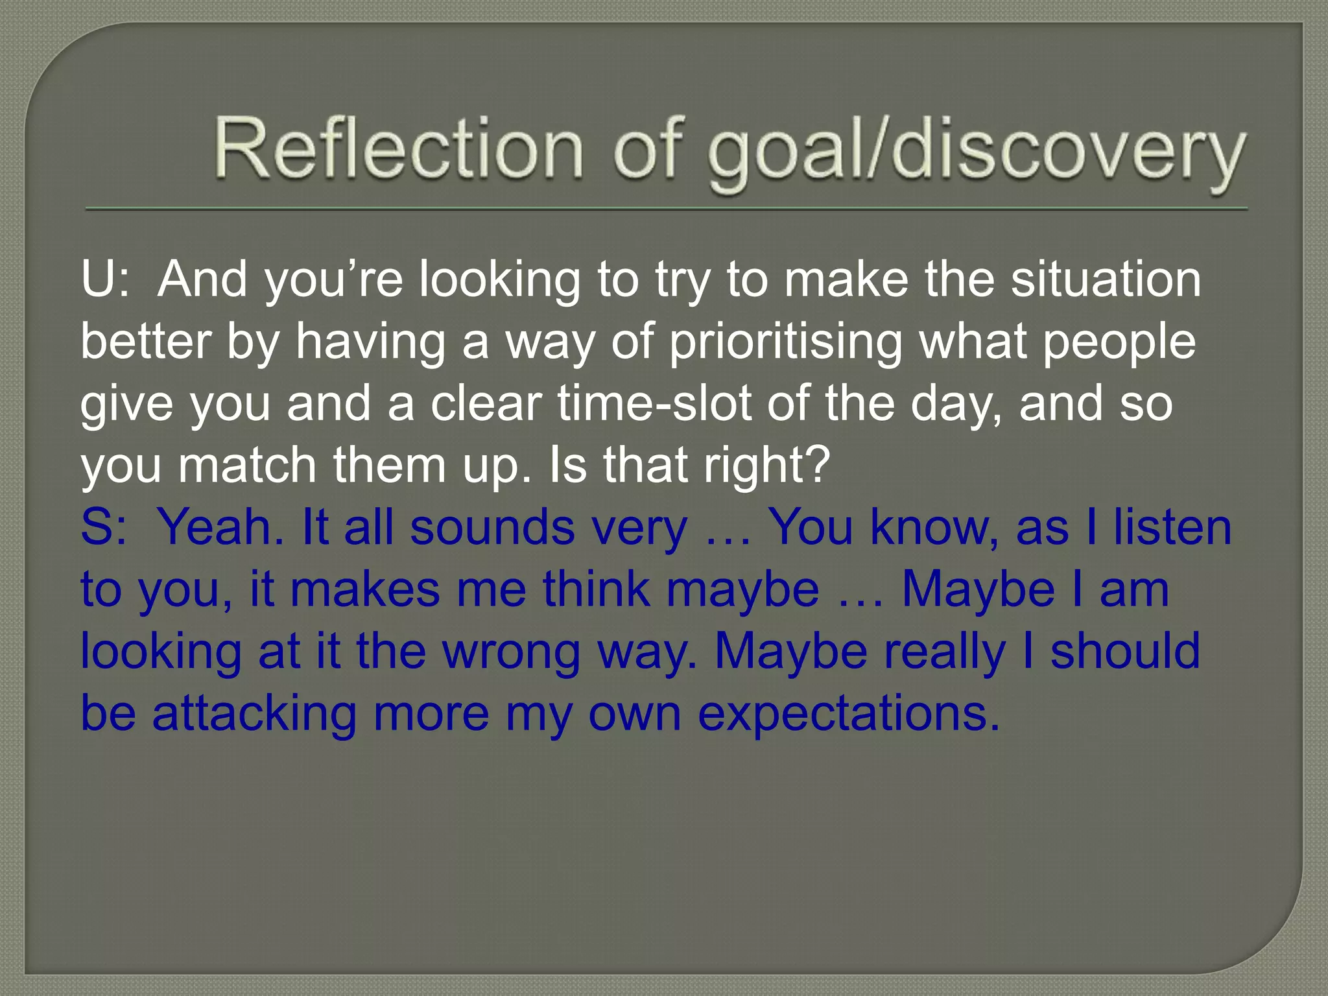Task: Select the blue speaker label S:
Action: tap(104, 528)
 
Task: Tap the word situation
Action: tap(1106, 279)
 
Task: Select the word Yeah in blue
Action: tap(220, 528)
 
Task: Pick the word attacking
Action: tap(254, 714)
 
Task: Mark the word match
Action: tap(247, 466)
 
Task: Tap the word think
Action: tap(597, 589)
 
